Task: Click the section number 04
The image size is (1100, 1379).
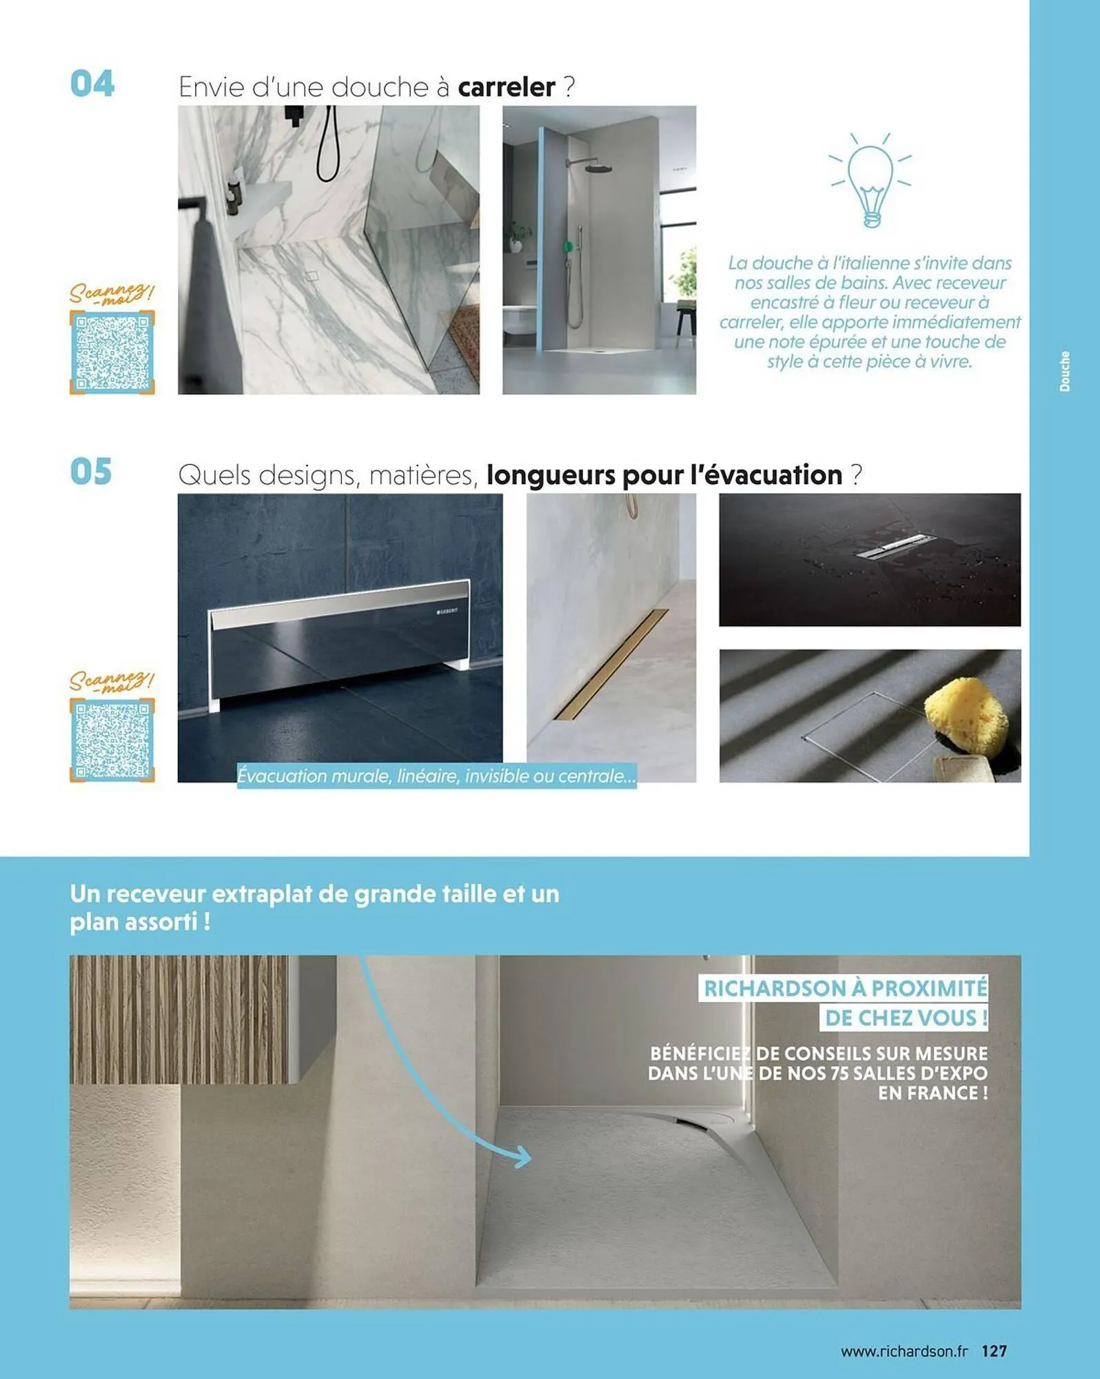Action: click(x=92, y=84)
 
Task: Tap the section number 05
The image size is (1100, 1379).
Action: click(x=91, y=472)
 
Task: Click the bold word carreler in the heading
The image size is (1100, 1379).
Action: click(x=507, y=88)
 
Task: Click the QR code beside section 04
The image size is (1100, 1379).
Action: click(x=112, y=352)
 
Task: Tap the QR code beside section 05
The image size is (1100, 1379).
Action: click(x=112, y=740)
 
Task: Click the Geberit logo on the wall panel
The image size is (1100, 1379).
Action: click(x=447, y=612)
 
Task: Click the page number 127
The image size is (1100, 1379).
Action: click(x=995, y=1351)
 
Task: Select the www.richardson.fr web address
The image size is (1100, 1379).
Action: click(x=904, y=1351)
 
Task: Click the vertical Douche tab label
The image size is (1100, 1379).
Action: click(x=1065, y=372)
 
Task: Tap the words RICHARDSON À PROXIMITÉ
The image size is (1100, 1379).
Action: click(x=845, y=988)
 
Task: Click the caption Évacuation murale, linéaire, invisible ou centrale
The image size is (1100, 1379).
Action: click(x=436, y=776)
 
